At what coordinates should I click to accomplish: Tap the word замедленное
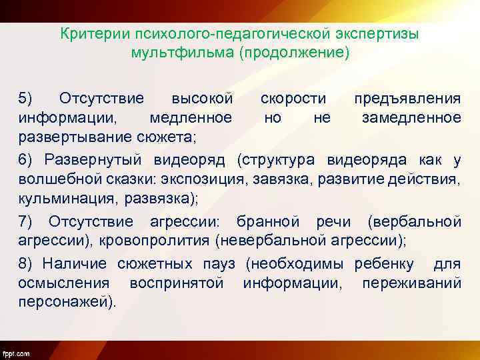pyautogui.click(x=411, y=118)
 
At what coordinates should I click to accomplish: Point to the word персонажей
pyautogui.click(x=66, y=301)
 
